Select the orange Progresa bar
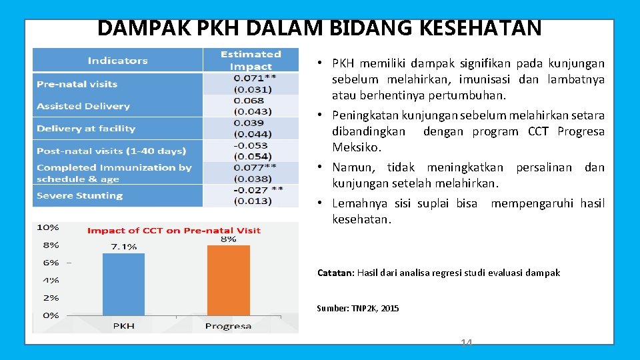click(x=228, y=280)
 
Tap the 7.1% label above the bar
click(x=123, y=247)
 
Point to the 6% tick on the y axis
click(x=51, y=263)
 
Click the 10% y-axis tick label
click(x=47, y=227)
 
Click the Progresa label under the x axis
click(x=228, y=326)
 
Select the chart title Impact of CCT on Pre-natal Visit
click(x=174, y=231)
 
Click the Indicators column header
click(x=117, y=61)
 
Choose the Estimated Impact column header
click(x=251, y=60)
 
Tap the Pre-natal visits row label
click(x=77, y=84)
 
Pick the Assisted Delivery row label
click(x=83, y=106)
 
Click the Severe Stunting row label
click(x=79, y=195)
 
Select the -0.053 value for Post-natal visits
click(x=251, y=145)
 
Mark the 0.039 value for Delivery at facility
click(x=249, y=123)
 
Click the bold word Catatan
click(x=335, y=273)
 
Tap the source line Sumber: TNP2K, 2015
click(x=358, y=308)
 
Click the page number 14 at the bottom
click(x=466, y=343)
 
